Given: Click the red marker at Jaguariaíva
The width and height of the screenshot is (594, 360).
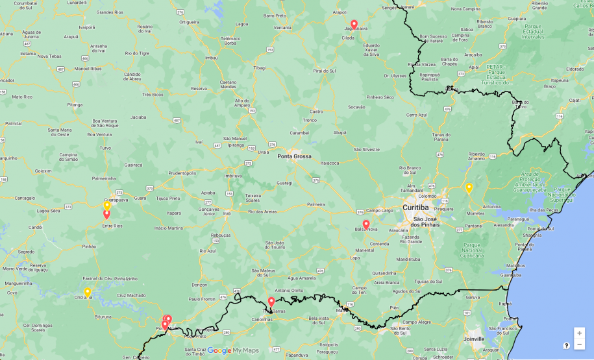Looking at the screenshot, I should [x=354, y=25].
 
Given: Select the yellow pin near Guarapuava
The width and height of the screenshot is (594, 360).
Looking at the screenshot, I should [x=107, y=206].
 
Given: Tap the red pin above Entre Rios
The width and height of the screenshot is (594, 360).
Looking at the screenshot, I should [x=106, y=215].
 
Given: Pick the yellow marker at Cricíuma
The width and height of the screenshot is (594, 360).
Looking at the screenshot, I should [x=87, y=293].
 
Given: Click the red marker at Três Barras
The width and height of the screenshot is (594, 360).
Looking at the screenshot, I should [x=271, y=302].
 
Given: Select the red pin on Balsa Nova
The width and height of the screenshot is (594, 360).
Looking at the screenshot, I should [x=366, y=225].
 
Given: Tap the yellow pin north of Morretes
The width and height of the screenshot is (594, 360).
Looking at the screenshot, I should [x=469, y=188].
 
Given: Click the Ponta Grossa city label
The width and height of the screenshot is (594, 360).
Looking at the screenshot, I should [x=294, y=156].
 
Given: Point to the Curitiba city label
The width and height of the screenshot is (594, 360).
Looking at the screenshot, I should [x=415, y=208].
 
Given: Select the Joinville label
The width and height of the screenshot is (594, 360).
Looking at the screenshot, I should [x=474, y=339].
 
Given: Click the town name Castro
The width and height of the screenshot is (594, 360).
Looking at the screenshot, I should [x=316, y=112].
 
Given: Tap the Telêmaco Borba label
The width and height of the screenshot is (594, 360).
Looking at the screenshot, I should [x=230, y=40].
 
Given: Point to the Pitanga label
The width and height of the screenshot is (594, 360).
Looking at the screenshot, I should [x=75, y=104].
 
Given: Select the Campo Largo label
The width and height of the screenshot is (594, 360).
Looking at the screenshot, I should [x=379, y=210].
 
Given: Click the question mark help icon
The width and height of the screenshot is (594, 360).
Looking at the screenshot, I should [x=566, y=346].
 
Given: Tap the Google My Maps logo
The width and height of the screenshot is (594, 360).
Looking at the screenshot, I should [x=233, y=351].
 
